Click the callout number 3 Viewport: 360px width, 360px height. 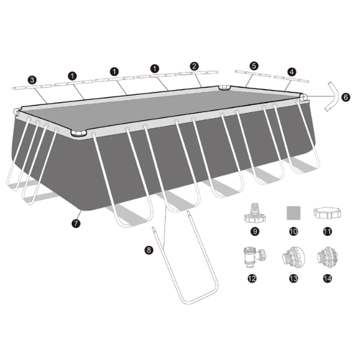pyautogui.click(x=32, y=79)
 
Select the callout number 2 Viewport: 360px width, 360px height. pyautogui.click(x=194, y=66)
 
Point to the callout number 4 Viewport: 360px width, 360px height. pyautogui.click(x=291, y=71)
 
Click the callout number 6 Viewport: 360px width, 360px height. pyautogui.click(x=346, y=95)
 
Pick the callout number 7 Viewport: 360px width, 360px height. pyautogui.click(x=75, y=223)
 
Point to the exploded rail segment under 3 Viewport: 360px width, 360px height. pyautogui.click(x=28, y=87)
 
